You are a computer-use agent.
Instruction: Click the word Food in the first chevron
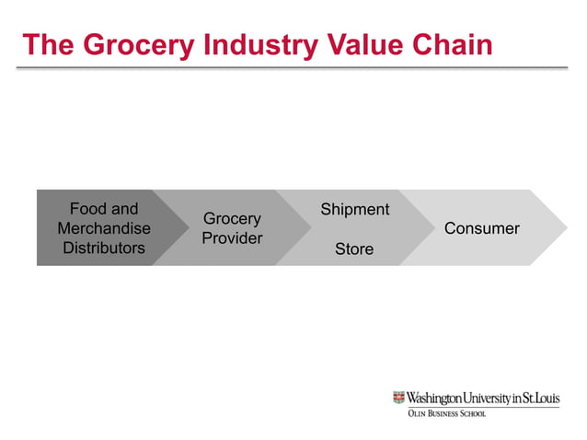[88, 209]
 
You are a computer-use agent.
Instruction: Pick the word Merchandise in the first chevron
[104, 228]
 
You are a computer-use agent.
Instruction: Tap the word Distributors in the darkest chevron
[104, 248]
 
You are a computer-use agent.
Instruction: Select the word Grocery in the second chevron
[232, 219]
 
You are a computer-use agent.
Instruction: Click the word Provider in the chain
[232, 238]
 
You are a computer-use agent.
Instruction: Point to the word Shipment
[354, 209]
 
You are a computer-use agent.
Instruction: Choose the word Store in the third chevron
[354, 249]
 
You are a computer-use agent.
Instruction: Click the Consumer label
[482, 228]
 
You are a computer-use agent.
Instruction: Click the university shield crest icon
[398, 398]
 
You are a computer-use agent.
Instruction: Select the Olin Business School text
[446, 414]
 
